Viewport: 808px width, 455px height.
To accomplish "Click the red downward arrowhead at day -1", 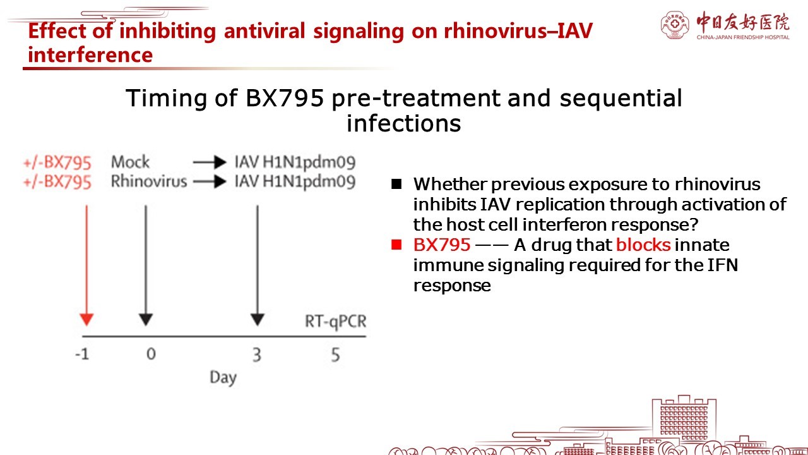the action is pos(86,320).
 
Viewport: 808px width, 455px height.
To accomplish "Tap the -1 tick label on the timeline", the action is pos(82,355).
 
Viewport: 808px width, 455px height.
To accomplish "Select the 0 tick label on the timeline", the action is pos(151,354).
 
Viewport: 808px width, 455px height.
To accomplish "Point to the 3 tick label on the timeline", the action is pos(257,355).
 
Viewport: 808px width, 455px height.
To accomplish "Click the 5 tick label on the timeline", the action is pos(335,355).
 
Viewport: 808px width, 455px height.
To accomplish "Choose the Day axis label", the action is pos(223,378).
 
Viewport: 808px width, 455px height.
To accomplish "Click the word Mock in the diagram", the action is pos(130,162).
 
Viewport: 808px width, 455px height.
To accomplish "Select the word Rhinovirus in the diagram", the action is pos(149,181).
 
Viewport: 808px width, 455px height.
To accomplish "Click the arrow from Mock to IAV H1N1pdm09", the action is pos(210,162).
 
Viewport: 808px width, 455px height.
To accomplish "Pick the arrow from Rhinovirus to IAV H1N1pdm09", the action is pos(210,181).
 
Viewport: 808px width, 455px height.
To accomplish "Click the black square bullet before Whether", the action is pos(396,184).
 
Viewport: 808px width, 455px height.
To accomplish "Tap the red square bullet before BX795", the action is pos(396,245).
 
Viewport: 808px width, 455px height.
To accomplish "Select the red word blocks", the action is pos(643,245).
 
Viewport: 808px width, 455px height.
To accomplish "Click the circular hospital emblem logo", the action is pos(674,25).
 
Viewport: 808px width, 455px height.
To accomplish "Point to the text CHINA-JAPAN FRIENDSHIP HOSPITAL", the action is pos(743,37).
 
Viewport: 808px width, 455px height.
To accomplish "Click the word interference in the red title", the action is pos(90,55).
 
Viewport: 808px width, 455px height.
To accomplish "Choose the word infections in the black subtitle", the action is pos(403,123).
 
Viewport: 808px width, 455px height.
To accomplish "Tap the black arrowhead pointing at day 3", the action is pos(257,320).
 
